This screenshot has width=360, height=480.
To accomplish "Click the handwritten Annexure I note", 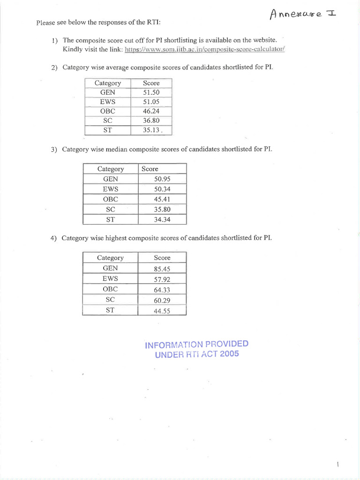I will click(x=303, y=15).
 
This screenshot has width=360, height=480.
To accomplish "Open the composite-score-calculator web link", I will click(x=205, y=49).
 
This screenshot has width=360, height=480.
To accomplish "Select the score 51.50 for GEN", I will click(x=151, y=92).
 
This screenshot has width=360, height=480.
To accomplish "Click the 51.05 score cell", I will click(x=151, y=102).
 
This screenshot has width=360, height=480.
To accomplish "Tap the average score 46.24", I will click(x=151, y=111).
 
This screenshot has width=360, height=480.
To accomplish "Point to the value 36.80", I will click(x=151, y=120).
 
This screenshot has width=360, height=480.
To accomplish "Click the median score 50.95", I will click(x=162, y=179).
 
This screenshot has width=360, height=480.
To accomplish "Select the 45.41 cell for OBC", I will click(x=162, y=199).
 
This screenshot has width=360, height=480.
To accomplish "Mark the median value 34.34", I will click(x=162, y=219).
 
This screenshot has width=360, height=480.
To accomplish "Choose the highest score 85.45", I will click(x=162, y=269).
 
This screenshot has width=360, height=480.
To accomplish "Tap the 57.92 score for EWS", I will click(x=162, y=279).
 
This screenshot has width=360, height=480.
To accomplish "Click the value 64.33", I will click(x=162, y=290).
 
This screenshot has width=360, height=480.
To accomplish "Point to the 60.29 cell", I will click(x=162, y=300).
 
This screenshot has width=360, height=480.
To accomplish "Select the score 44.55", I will click(x=162, y=311).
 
